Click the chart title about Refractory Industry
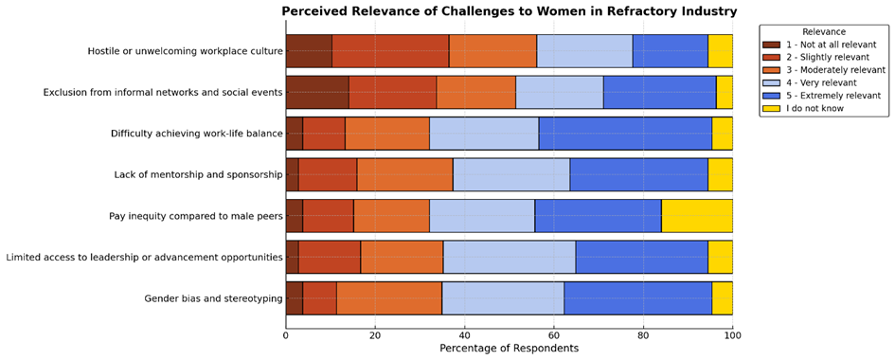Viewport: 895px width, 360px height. click(509, 11)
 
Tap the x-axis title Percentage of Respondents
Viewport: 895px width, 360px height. click(509, 348)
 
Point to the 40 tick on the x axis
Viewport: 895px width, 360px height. click(464, 333)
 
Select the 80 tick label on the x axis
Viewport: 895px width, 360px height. click(643, 333)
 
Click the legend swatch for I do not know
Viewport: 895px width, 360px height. click(772, 109)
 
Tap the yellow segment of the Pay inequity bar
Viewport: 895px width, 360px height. click(697, 216)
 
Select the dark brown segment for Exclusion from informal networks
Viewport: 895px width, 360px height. click(317, 92)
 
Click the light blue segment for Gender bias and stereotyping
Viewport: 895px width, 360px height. click(503, 298)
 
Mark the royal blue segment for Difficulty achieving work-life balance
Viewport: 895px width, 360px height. click(625, 134)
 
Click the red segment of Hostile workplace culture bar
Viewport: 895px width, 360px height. click(390, 50)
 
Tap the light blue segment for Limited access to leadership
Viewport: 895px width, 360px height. click(510, 257)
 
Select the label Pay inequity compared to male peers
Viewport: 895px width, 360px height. click(196, 216)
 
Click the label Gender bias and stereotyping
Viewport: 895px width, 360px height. click(213, 298)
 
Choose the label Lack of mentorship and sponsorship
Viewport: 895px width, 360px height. click(198, 174)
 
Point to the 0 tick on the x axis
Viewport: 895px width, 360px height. click(286, 333)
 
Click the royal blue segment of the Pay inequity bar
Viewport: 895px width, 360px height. click(598, 216)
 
